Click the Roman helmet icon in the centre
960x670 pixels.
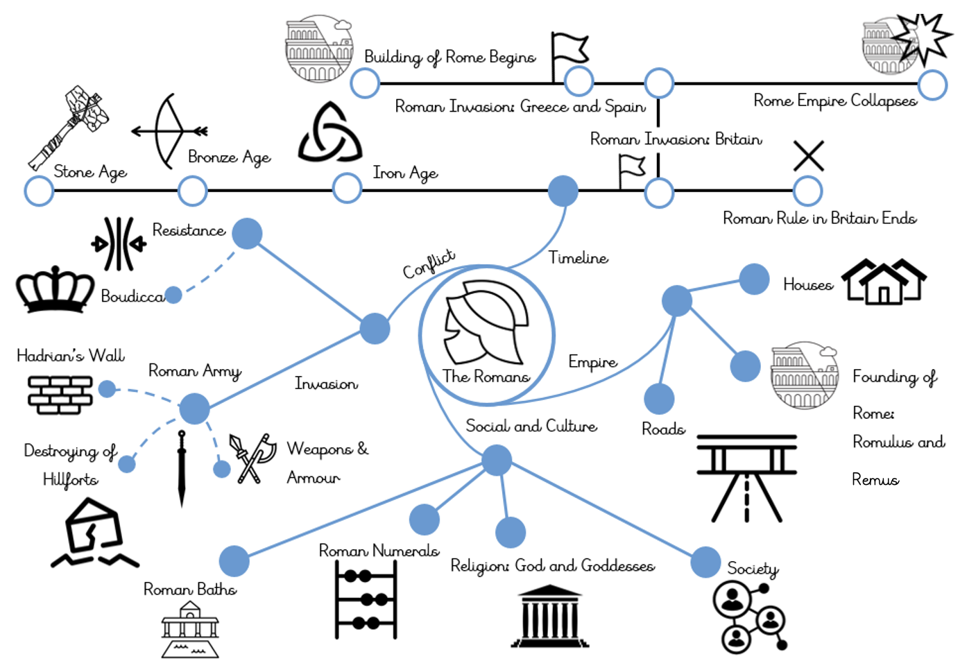486,323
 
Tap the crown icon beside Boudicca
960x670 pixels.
55,289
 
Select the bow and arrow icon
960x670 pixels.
169,131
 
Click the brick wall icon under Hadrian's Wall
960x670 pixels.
60,394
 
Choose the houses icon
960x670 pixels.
884,282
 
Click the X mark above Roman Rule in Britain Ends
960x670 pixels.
808,155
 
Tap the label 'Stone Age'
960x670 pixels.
90,171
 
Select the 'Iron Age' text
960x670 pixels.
405,173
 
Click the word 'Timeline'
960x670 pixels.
578,258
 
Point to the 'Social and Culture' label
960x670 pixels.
531,426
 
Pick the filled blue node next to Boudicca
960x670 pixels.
173,295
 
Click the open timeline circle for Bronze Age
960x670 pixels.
193,191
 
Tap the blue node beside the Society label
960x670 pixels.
705,562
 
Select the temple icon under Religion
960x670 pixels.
550,617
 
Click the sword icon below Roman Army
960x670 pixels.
182,468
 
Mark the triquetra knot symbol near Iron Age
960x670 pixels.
329,134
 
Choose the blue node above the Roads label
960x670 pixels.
659,399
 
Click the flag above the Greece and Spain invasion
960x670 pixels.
569,52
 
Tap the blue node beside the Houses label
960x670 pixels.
754,280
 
